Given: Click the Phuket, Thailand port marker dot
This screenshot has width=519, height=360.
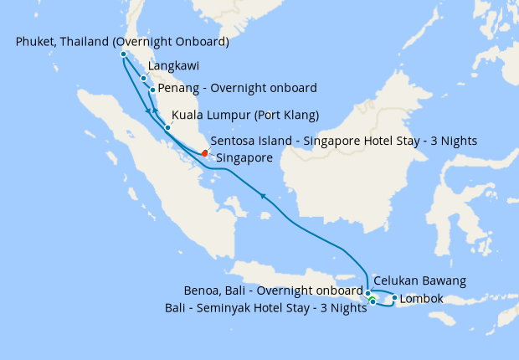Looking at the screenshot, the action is [123, 54].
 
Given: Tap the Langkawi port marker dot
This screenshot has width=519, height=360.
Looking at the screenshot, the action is [144, 79].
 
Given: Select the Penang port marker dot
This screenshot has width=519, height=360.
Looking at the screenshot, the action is [152, 89].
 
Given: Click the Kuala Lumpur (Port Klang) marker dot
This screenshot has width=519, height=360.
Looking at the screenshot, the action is [167, 127].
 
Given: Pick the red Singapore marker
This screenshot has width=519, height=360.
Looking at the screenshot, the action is [205, 152].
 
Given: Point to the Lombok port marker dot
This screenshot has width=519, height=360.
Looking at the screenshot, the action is [394, 297].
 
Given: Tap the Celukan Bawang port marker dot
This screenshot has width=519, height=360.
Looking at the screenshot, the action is [367, 293].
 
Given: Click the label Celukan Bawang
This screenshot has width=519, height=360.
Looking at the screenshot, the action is [419, 280].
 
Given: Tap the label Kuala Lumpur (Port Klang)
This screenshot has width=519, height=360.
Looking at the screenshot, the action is [245, 116].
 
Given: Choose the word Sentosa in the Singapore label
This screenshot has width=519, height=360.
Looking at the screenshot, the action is [235, 141].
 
